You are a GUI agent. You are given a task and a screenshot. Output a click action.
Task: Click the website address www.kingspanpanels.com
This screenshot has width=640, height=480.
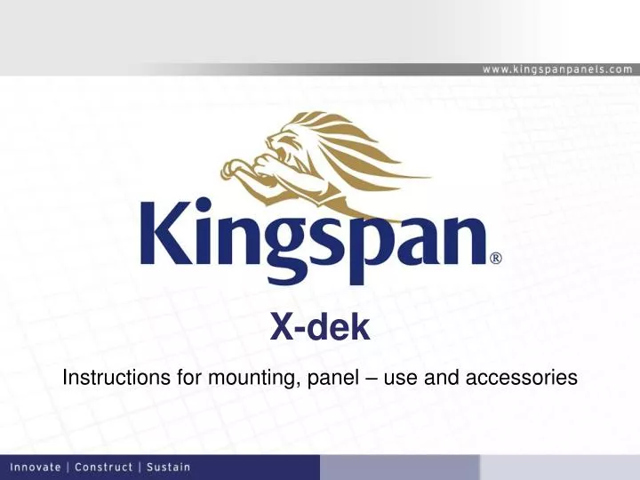point(558,68)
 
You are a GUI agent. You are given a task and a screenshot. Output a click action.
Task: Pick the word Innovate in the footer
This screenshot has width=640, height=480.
point(36,467)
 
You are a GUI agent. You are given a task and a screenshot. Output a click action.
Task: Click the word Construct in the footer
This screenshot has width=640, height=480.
point(105,467)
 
